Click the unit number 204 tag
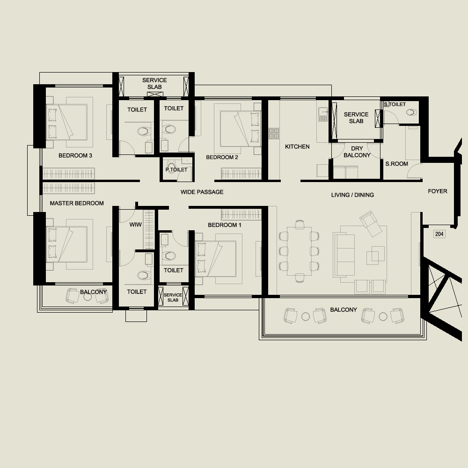coord(439,234)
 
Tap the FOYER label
coord(437,191)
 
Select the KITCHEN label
coord(297,146)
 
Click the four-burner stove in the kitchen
coord(274,133)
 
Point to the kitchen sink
coord(323,115)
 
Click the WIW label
coord(136,225)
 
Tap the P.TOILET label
coord(176,169)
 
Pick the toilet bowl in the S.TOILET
coord(411,112)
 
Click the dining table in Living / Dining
coord(299,251)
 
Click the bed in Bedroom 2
coord(241,129)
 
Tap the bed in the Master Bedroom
coord(67,244)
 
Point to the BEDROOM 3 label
coord(75,155)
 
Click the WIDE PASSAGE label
coord(202,192)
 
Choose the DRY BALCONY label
coord(357,152)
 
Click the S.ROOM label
coord(396,164)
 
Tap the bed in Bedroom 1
coord(215,259)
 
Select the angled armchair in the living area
coord(371,224)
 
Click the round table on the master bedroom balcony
coord(88,297)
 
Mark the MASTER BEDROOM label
coord(77,203)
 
